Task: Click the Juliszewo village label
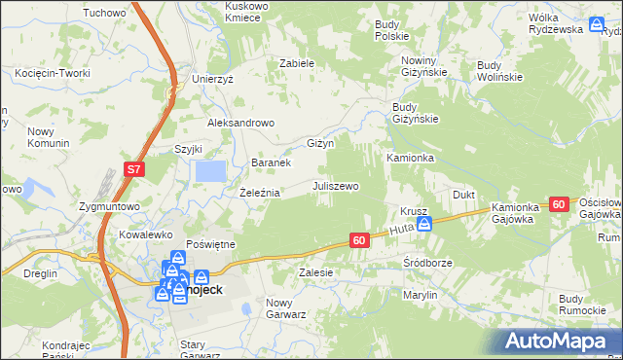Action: pyautogui.click(x=336, y=185)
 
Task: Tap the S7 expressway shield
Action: pyautogui.click(x=134, y=170)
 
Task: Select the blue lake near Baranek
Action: pyautogui.click(x=211, y=171)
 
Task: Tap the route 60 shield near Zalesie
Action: pyautogui.click(x=359, y=240)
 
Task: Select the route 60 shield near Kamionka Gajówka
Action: pyautogui.click(x=558, y=204)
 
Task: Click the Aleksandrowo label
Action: pyautogui.click(x=242, y=124)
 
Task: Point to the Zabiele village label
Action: pyautogui.click(x=297, y=62)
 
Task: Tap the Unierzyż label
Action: pyautogui.click(x=213, y=79)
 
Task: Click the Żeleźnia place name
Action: pyautogui.click(x=260, y=193)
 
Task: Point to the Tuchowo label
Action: pyautogui.click(x=105, y=13)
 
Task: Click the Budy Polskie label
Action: pyautogui.click(x=392, y=28)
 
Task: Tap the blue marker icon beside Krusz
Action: pyautogui.click(x=422, y=225)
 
